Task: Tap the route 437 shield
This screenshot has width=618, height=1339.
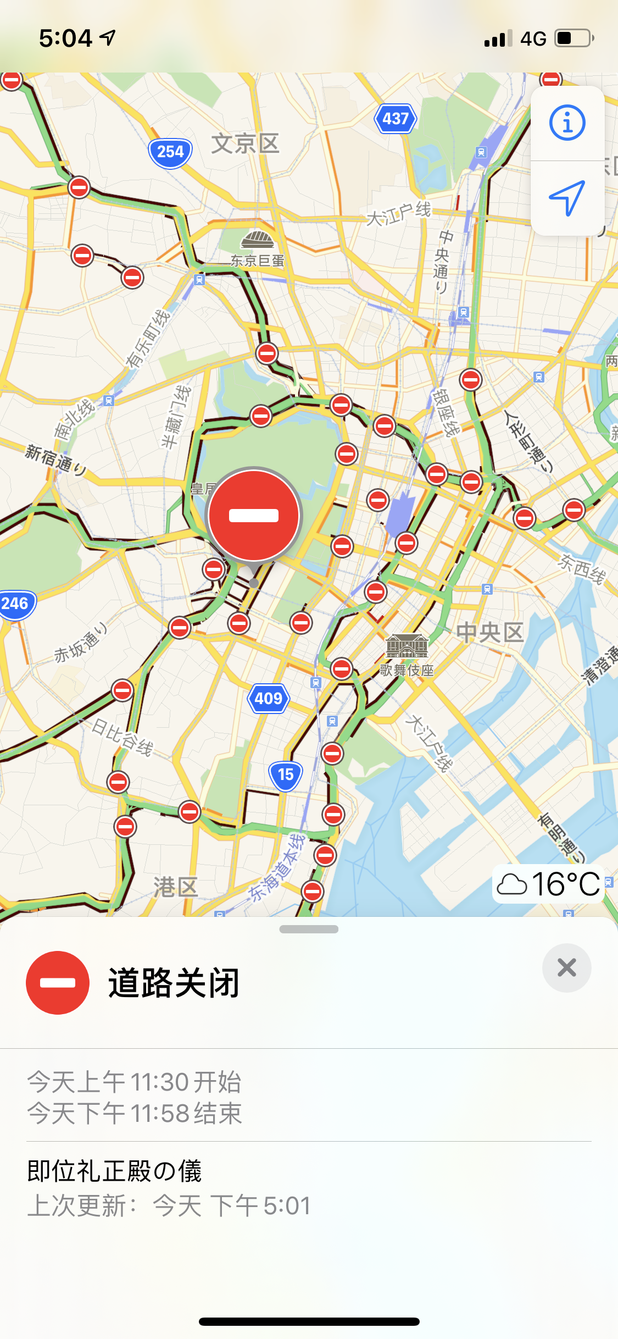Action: (x=396, y=118)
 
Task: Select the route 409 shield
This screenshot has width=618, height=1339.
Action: (x=268, y=698)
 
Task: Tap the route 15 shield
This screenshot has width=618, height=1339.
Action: (x=285, y=774)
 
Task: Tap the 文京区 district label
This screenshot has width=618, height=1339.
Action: (x=245, y=144)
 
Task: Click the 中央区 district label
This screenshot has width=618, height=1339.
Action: (x=489, y=633)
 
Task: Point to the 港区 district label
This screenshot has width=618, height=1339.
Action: (x=175, y=886)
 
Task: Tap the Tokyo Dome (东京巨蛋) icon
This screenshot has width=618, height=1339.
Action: (x=257, y=240)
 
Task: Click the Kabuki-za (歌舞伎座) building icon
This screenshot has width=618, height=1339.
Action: (x=407, y=646)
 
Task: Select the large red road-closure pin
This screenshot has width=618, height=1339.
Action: (x=254, y=516)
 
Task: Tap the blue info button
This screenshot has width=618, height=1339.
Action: (x=567, y=123)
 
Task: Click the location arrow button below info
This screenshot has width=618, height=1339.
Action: (x=567, y=198)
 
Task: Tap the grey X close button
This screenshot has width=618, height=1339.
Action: (x=566, y=967)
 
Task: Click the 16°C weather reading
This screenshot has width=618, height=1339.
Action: (x=565, y=884)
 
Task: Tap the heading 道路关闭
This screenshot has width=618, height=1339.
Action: (x=174, y=983)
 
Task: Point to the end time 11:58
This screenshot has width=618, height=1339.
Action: (x=160, y=1114)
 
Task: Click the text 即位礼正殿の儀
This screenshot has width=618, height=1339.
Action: (x=114, y=1171)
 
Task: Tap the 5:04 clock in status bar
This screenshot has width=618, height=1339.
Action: (x=65, y=38)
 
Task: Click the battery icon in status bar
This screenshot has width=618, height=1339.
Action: (x=574, y=38)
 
